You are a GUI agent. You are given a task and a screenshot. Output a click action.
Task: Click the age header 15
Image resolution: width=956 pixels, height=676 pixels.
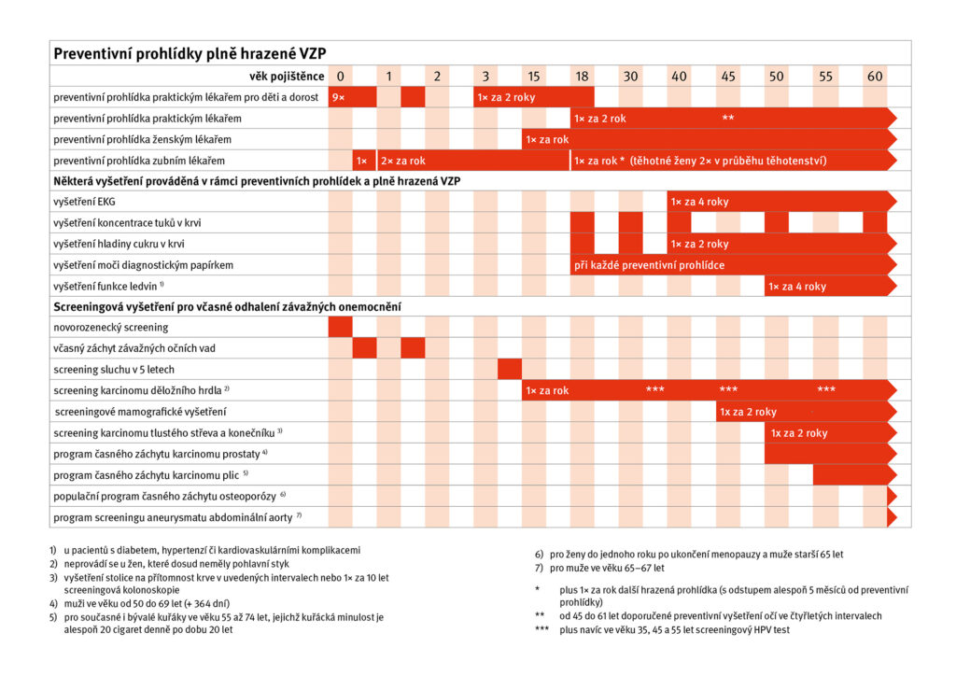click(533, 76)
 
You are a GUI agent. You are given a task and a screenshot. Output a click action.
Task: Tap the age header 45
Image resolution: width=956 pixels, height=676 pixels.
click(728, 76)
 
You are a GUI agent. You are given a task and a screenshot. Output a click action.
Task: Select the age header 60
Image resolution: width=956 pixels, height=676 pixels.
click(874, 76)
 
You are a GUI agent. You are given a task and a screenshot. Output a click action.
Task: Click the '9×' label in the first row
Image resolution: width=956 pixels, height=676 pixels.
click(338, 97)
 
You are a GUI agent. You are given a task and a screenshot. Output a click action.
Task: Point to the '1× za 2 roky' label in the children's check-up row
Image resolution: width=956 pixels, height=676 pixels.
click(506, 97)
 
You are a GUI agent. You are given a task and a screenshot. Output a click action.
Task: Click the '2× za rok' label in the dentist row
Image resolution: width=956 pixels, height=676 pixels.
click(403, 161)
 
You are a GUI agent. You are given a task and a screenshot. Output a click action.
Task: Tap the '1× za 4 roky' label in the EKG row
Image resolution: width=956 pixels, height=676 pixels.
click(699, 202)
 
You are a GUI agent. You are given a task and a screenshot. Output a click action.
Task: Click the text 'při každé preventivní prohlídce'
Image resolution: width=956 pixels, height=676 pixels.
click(650, 265)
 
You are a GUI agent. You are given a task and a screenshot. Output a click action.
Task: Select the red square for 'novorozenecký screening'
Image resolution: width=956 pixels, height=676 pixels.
click(340, 328)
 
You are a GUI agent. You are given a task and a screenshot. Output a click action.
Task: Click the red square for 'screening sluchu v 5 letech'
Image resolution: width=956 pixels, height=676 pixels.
click(510, 370)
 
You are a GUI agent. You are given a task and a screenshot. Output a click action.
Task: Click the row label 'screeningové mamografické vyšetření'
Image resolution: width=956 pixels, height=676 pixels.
click(142, 412)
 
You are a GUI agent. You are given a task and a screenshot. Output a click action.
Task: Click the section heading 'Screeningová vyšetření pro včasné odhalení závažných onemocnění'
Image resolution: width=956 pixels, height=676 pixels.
click(228, 306)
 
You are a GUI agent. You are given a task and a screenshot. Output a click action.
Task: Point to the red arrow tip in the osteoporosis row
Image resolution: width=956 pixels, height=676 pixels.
click(892, 496)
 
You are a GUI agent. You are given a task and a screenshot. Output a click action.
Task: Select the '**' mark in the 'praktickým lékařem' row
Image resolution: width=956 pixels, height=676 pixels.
click(728, 119)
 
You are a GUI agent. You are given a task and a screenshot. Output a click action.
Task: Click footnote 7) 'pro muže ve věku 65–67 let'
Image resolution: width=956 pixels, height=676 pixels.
click(607, 567)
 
